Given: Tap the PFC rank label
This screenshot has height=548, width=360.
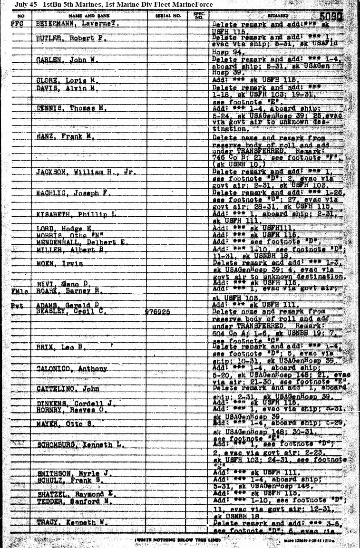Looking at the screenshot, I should pos(18,23).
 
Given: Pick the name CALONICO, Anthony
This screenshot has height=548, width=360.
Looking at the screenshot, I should pos(72,369).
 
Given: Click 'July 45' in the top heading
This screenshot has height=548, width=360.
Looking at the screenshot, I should pos(26,4).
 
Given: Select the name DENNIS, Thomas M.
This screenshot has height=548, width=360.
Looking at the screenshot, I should pos(71,108).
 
